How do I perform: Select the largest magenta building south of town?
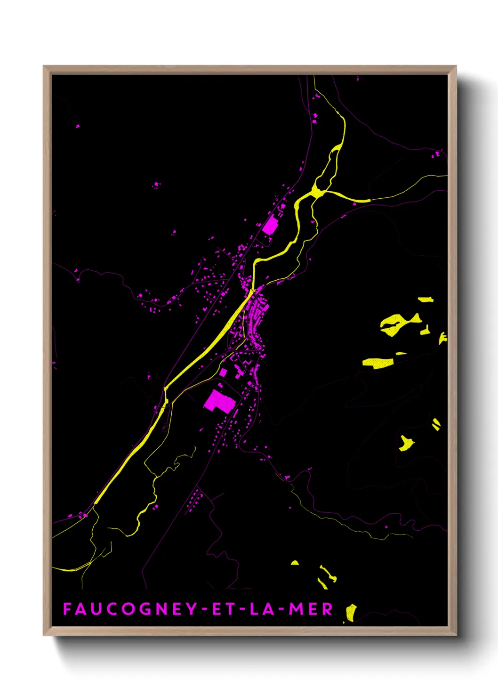[x=219, y=401]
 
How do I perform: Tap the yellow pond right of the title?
[x=351, y=613]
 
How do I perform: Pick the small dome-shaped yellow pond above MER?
[x=295, y=562]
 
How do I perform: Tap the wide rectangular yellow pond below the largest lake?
[x=378, y=363]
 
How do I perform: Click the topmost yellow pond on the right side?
[x=426, y=299]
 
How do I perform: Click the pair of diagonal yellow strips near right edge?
[x=436, y=424]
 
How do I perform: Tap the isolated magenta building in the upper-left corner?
[x=78, y=126]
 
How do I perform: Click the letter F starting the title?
[x=67, y=609]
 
